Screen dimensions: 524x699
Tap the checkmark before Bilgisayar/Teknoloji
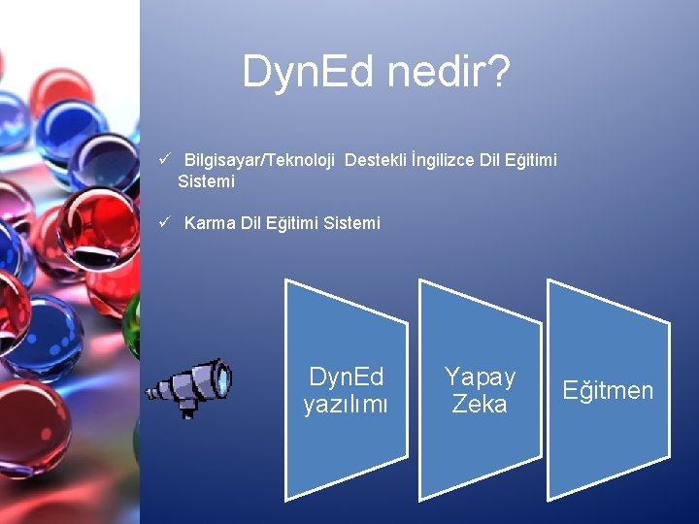pyautogui.click(x=166, y=158)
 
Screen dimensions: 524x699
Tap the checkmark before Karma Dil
pyautogui.click(x=166, y=222)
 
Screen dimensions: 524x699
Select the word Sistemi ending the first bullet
pyautogui.click(x=206, y=180)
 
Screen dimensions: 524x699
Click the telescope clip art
pyautogui.click(x=188, y=387)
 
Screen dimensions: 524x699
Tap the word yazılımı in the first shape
pyautogui.click(x=346, y=405)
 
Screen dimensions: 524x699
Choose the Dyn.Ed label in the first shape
pyautogui.click(x=346, y=377)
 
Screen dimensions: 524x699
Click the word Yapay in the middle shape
pyautogui.click(x=480, y=377)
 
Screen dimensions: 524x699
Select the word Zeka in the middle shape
pyautogui.click(x=480, y=404)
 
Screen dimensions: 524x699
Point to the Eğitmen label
pyautogui.click(x=609, y=390)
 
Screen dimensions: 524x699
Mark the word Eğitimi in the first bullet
pyautogui.click(x=530, y=159)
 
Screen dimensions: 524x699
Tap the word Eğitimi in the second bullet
pyautogui.click(x=293, y=223)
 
